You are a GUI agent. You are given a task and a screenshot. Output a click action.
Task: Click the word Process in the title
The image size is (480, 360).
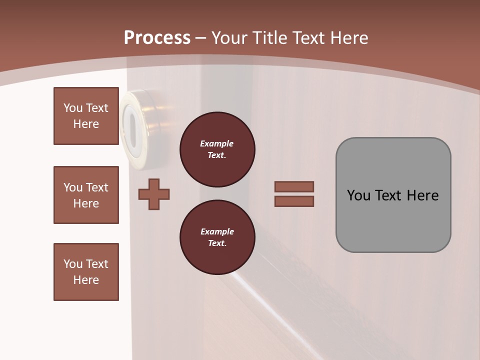(157, 38)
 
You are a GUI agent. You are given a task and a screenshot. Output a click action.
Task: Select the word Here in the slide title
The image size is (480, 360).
(348, 38)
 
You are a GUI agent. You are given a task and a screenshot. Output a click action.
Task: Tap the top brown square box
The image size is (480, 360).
(86, 116)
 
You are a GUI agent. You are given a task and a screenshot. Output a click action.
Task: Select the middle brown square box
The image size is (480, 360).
(86, 195)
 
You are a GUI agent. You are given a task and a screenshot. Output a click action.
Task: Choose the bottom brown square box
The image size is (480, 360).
(86, 272)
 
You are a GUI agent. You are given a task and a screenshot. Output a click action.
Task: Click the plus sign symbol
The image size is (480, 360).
(154, 194)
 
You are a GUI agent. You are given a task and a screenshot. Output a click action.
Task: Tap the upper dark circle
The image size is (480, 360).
(217, 149)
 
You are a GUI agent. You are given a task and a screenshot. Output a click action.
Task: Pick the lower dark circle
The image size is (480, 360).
(217, 237)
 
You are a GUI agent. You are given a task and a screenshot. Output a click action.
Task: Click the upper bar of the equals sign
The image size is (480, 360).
(294, 186)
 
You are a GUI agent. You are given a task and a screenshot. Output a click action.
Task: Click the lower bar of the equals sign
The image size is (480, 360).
(294, 201)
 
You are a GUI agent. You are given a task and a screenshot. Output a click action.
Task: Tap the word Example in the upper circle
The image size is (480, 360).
(217, 143)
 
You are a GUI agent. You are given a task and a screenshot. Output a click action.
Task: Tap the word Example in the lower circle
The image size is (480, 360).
(217, 231)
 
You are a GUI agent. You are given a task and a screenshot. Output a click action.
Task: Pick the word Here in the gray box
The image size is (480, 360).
(422, 195)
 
